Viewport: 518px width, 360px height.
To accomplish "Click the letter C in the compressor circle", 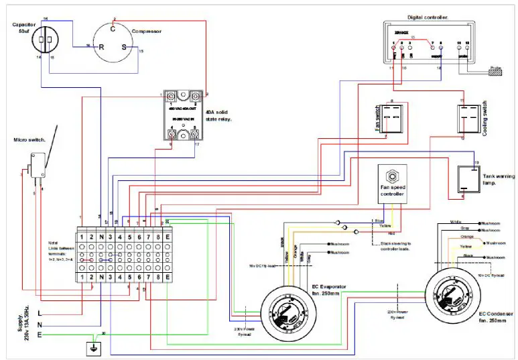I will (x=113, y=29).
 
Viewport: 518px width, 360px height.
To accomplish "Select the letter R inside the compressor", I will (x=102, y=48).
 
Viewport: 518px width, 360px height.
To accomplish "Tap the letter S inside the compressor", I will (x=123, y=48).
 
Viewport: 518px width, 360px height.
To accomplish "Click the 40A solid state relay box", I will (x=183, y=115).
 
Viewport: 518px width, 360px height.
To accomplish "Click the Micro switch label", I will (x=29, y=140).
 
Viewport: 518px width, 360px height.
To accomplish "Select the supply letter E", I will (x=40, y=334).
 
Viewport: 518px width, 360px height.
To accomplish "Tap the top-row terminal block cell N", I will (x=101, y=237).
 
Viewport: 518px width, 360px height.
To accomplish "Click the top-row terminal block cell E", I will (x=166, y=237).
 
